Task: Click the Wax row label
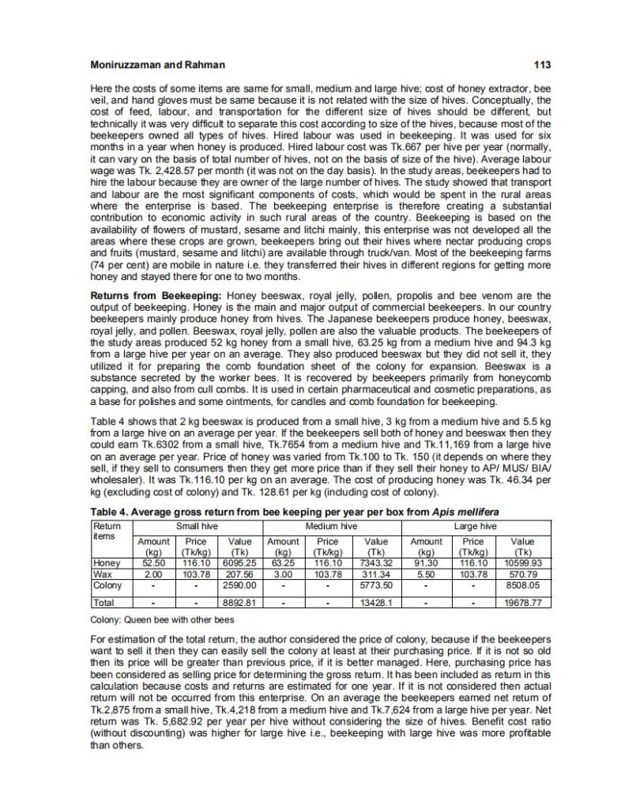pyautogui.click(x=100, y=572)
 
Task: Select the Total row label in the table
pyautogui.click(x=103, y=602)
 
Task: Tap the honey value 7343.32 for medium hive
pyautogui.click(x=376, y=562)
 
